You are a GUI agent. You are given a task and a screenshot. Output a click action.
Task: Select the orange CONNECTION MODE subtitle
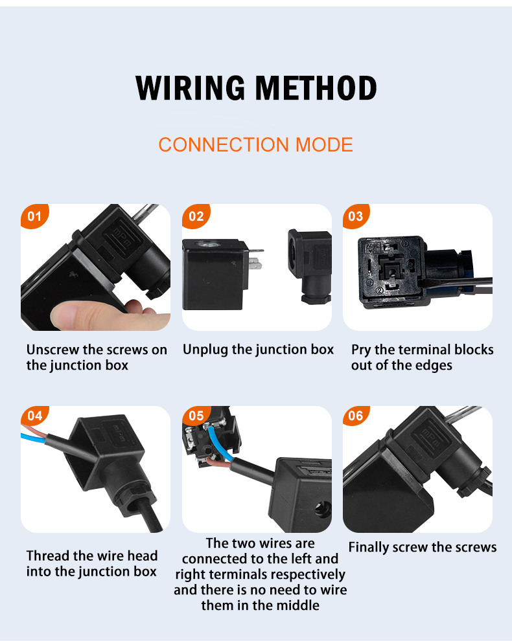(255, 144)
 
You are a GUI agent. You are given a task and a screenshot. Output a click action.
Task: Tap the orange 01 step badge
(34, 216)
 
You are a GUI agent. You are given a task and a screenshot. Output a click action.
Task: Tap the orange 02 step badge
(196, 216)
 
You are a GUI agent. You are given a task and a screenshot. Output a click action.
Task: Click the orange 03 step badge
(356, 216)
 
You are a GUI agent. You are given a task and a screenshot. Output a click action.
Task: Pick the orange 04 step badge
(34, 416)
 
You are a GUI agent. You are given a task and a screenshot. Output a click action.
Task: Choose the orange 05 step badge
(196, 416)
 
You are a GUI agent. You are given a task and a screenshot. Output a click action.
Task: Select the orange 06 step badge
(356, 416)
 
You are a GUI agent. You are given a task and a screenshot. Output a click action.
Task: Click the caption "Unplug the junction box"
(258, 350)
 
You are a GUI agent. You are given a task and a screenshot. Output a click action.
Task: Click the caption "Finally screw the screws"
(423, 547)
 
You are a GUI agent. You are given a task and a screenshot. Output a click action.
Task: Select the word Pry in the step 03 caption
(361, 350)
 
